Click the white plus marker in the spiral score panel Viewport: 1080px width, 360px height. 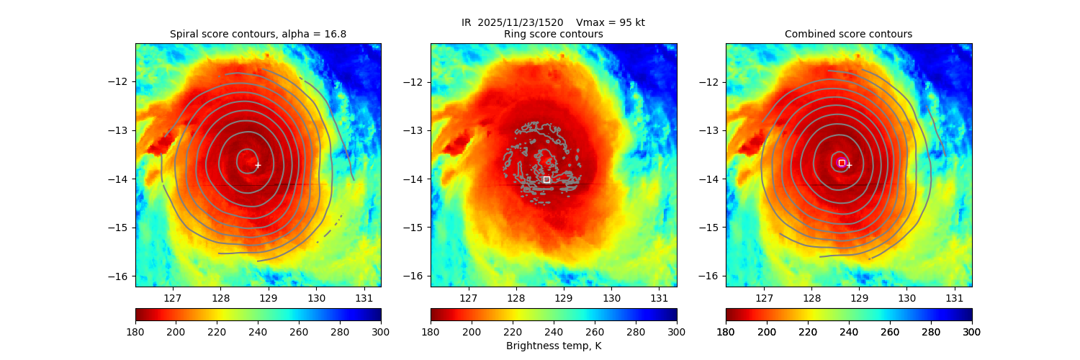[258, 165]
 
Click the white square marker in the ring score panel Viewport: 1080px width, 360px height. [546, 179]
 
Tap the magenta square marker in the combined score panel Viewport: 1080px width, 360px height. [842, 163]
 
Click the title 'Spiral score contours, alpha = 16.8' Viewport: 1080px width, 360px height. [258, 34]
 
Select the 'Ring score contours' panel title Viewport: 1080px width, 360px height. [553, 34]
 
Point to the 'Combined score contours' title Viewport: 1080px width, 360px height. [848, 34]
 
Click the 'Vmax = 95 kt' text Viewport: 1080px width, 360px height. [611, 22]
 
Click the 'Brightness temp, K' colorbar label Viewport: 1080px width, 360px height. [553, 346]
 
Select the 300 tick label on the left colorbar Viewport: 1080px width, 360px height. [381, 332]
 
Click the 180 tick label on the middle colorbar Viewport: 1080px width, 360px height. [431, 332]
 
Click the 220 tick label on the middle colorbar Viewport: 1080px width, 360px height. [513, 332]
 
